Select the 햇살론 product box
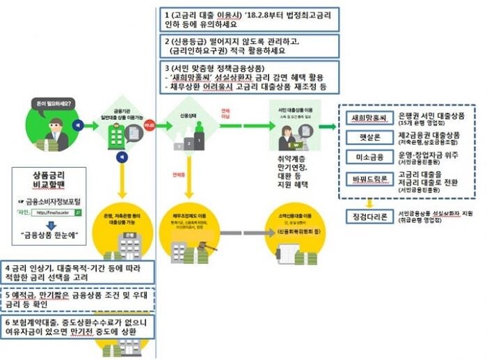[x=369, y=137]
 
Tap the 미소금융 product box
[x=369, y=158]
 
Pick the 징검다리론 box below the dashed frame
[x=369, y=216]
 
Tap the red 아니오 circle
[x=148, y=125]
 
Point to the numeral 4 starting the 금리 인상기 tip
[x=6, y=267]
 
